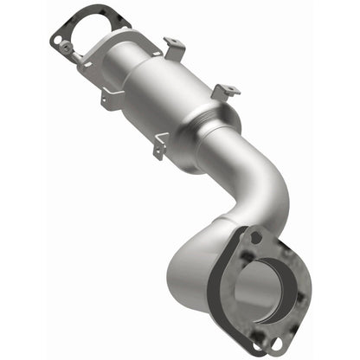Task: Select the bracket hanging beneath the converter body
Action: [x=158, y=151]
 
